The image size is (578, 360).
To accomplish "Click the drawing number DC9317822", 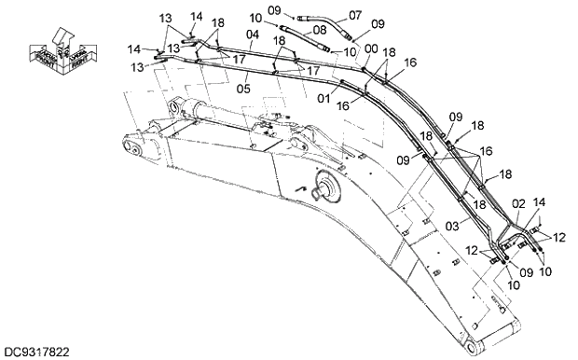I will [36, 352].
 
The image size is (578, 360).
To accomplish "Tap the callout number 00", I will [372, 48].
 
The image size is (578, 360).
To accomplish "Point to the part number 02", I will [519, 201].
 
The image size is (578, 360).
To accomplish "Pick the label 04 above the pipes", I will [252, 35].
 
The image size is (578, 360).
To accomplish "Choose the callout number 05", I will [243, 90].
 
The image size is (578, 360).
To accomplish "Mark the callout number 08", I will [293, 30].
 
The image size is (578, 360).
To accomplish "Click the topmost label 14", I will [196, 16].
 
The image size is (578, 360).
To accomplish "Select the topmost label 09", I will [273, 9].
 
